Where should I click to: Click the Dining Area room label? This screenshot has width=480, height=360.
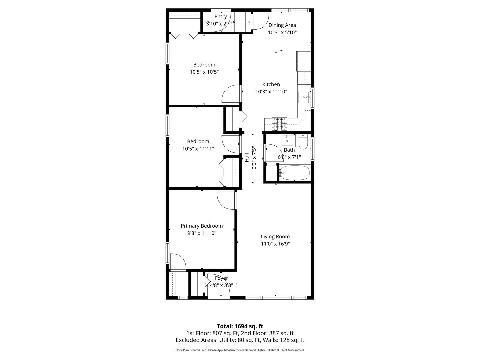(282, 25)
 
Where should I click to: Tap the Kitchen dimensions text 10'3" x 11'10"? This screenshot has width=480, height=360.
(271, 92)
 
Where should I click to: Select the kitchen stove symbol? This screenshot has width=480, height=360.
(279, 124)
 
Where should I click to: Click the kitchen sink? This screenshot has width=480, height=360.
(304, 97)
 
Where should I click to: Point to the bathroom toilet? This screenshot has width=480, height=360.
(303, 142)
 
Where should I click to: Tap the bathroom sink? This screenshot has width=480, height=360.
(287, 141)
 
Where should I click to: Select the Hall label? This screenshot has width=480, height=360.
(247, 157)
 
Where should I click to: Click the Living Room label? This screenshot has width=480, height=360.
(275, 237)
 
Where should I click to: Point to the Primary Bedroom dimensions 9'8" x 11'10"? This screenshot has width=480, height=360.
(202, 233)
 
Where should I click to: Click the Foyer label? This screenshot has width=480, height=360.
(222, 278)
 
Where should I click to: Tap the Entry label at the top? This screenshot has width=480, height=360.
(221, 17)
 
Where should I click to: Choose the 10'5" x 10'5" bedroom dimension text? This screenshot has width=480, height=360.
(204, 72)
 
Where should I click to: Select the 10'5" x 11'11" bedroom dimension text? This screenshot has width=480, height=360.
(198, 149)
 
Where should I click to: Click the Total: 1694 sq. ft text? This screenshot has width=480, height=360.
(240, 326)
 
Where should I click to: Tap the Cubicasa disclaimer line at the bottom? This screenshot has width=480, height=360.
(240, 350)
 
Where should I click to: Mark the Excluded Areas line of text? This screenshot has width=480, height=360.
(240, 340)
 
